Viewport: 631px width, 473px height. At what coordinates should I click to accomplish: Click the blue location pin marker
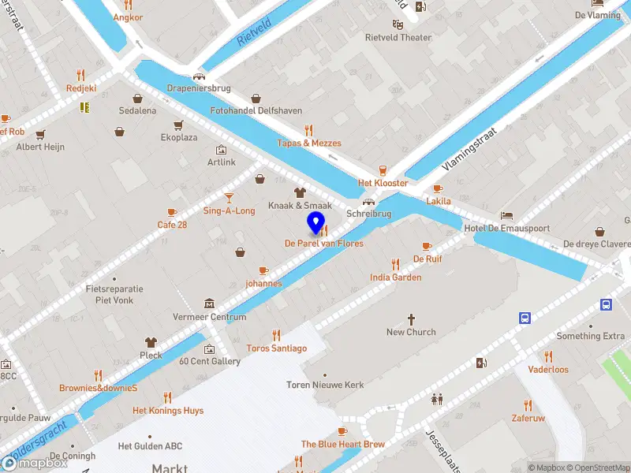(x=316, y=223)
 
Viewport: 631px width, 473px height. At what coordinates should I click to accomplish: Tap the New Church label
(x=411, y=332)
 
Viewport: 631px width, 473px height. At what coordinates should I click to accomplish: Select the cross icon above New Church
(x=411, y=319)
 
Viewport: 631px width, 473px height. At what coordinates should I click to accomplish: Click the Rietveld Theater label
(x=398, y=37)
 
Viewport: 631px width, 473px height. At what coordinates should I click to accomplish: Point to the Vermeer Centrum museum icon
(x=209, y=304)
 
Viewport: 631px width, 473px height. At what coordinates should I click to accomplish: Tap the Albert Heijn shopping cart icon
(x=40, y=134)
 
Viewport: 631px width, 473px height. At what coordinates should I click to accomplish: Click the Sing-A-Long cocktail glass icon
(x=229, y=198)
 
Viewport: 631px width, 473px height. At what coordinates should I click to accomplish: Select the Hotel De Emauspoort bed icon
(x=506, y=215)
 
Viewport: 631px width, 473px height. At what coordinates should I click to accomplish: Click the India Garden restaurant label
(x=396, y=277)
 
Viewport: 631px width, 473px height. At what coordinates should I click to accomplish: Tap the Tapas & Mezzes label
(x=309, y=143)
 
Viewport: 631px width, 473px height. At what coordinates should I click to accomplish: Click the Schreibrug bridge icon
(x=368, y=201)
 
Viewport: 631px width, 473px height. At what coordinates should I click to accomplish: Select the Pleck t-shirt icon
(x=151, y=342)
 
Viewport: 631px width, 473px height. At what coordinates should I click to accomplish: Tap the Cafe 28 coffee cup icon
(x=172, y=212)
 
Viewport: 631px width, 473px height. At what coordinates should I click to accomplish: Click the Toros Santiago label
(x=276, y=348)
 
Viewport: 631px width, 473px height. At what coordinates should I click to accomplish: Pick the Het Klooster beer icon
(x=383, y=170)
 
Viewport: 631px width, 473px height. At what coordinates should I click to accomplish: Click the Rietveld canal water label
(x=254, y=34)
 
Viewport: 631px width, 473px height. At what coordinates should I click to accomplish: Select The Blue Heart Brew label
(x=343, y=445)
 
